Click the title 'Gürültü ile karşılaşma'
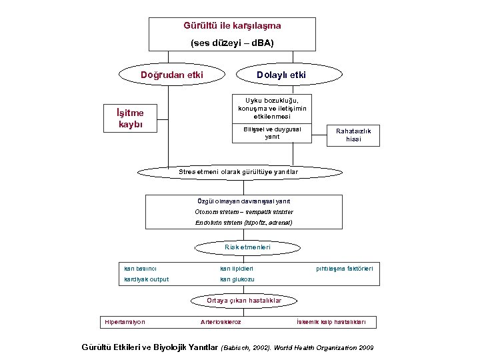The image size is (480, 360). pyautogui.click(x=232, y=26)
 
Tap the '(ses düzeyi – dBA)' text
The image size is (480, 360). pyautogui.click(x=232, y=43)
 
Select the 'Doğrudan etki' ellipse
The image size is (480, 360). pyautogui.click(x=171, y=75)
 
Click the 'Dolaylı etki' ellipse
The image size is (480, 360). pyautogui.click(x=281, y=75)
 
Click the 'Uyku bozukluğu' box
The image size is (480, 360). pyautogui.click(x=272, y=108)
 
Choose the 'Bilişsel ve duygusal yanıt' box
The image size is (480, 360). pyautogui.click(x=272, y=133)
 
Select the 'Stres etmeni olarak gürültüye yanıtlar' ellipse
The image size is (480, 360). pyautogui.click(x=238, y=172)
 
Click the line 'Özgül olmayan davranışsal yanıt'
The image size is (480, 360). pyautogui.click(x=243, y=201)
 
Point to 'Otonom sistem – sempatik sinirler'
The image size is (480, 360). pyautogui.click(x=243, y=212)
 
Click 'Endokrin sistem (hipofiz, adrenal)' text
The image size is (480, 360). pyautogui.click(x=243, y=223)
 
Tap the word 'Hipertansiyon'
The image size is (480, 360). pyautogui.click(x=125, y=323)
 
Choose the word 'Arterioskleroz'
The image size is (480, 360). pyautogui.click(x=221, y=323)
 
